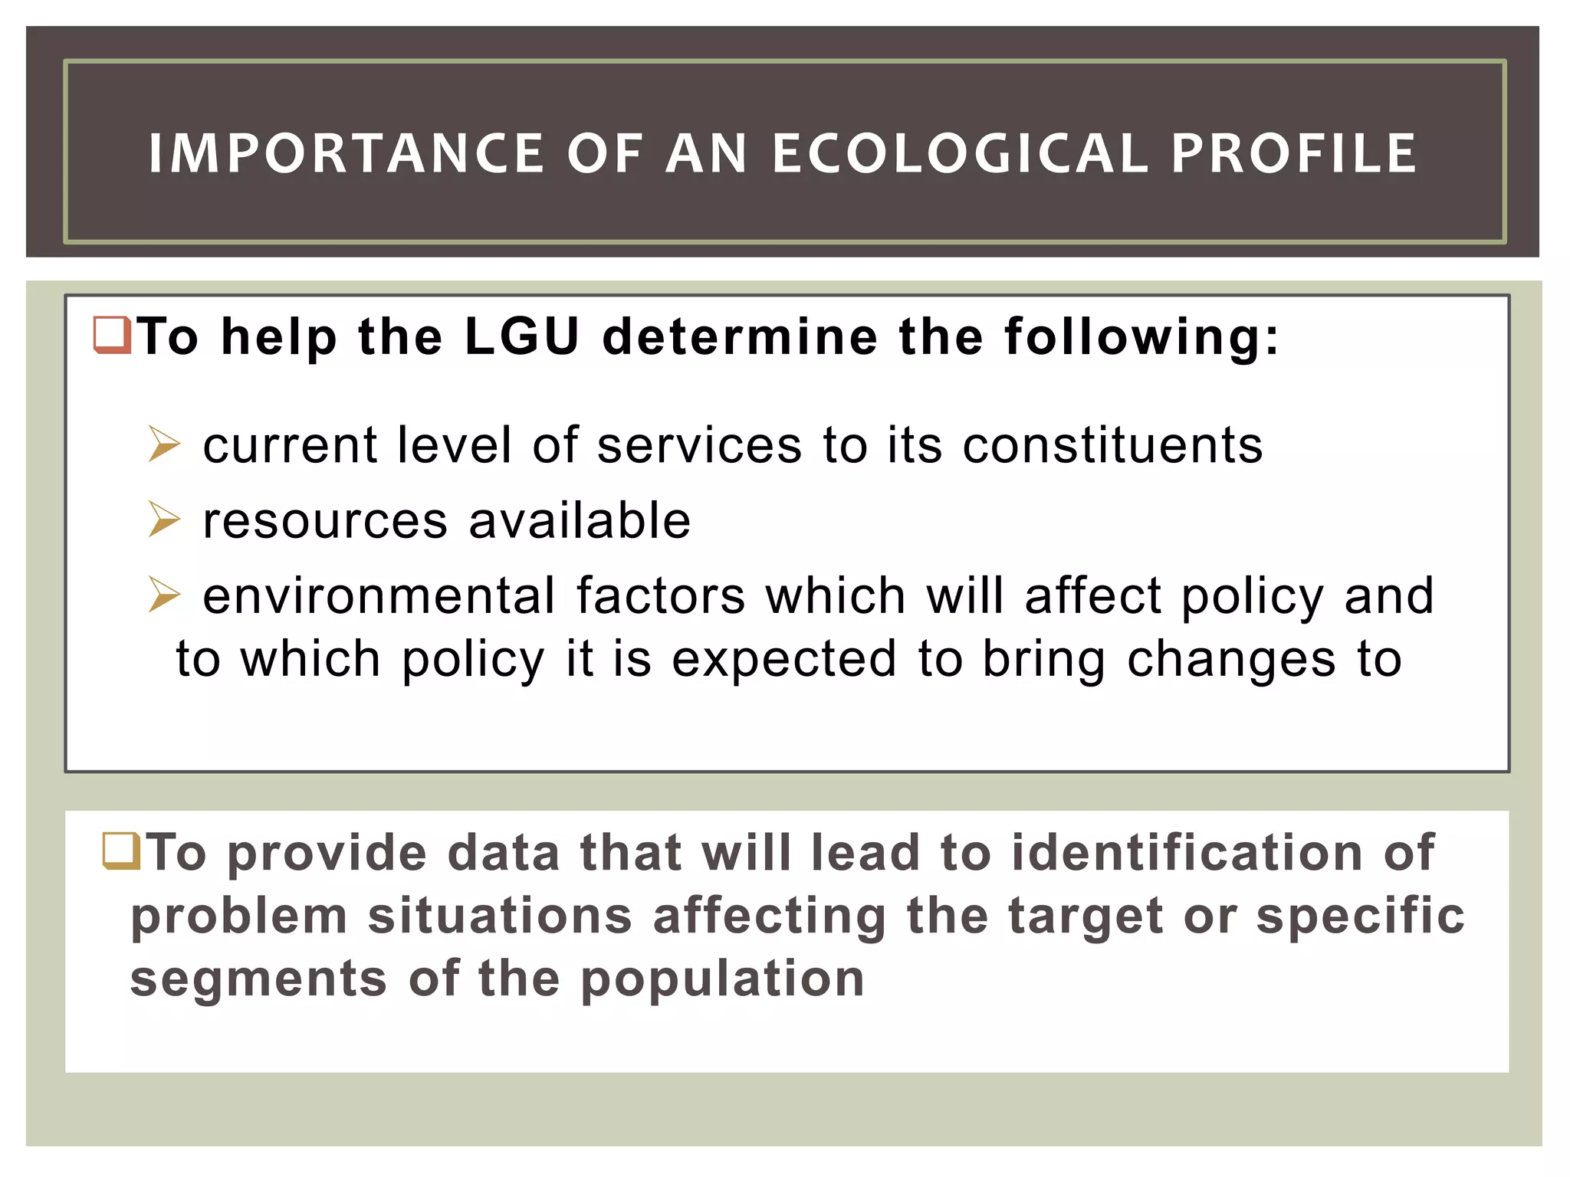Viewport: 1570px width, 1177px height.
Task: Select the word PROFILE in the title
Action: point(1293,153)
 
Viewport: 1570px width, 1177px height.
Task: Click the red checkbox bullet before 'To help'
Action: point(112,336)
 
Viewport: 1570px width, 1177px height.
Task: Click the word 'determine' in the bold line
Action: point(740,337)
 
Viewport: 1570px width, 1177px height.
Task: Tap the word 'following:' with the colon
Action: point(1142,337)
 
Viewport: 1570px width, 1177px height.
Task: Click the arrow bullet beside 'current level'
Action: point(164,444)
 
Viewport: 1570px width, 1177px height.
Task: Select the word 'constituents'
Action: point(1112,445)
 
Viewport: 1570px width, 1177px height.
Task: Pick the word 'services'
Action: point(699,445)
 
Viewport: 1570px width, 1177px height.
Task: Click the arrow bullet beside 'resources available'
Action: point(164,520)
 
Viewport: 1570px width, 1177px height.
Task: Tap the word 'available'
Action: point(580,520)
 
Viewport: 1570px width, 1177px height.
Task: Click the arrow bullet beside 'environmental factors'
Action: point(164,595)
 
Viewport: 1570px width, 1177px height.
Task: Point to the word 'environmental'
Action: point(379,595)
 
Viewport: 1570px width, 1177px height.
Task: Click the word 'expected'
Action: point(783,660)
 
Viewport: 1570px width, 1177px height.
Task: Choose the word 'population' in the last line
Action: point(722,979)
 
